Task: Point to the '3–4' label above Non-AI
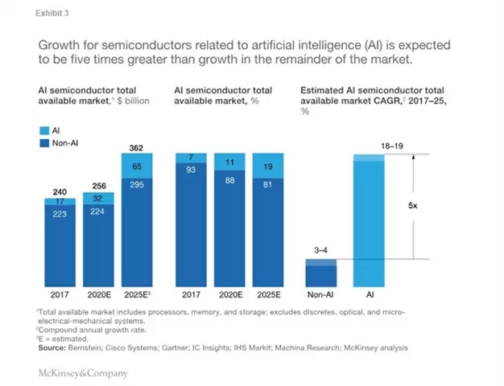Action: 320,251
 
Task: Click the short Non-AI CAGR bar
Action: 320,272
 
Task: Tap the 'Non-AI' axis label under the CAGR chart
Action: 320,295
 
